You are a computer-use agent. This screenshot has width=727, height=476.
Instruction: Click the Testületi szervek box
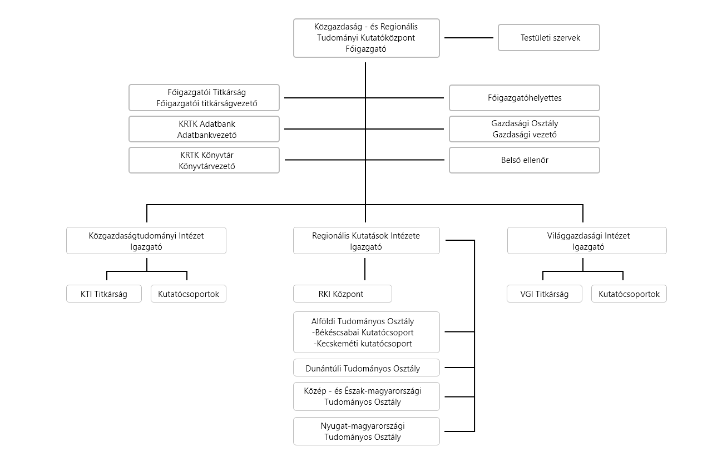pos(549,38)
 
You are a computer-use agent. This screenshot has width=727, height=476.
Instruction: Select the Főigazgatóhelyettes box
pos(525,98)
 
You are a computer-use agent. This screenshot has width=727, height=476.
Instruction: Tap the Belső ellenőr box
pos(525,160)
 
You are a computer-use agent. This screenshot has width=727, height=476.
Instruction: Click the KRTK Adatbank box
pos(204,129)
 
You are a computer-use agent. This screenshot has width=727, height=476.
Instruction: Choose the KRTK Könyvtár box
pos(204,160)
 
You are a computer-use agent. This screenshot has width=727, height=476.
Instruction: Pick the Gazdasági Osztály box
pos(525,129)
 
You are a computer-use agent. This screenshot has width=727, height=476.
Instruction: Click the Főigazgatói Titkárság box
pos(204,98)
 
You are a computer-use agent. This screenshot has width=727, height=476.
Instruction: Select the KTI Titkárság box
pos(104,294)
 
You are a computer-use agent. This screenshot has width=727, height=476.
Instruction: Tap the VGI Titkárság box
pos(545,294)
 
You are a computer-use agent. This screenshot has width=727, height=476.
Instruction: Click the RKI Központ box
pos(343,294)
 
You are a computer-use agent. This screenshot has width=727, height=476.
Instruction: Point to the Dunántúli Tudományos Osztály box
pos(367,368)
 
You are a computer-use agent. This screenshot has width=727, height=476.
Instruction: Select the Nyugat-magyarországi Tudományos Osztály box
pos(367,431)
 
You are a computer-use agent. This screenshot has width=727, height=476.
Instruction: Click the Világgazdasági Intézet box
pos(587,240)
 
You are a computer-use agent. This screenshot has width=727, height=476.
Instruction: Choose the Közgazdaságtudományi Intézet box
pos(146,240)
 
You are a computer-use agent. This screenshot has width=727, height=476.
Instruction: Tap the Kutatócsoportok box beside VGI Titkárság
pos(629,294)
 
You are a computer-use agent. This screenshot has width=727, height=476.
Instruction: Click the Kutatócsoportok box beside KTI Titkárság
pos(189,294)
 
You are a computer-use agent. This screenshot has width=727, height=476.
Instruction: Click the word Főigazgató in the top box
pos(366,49)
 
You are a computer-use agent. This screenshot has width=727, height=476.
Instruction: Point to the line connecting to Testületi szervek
pos(469,38)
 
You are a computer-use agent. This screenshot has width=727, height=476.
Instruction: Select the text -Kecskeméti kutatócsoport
pos(363,344)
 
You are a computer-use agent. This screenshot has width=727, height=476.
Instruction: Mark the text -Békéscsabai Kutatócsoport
pos(363,333)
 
